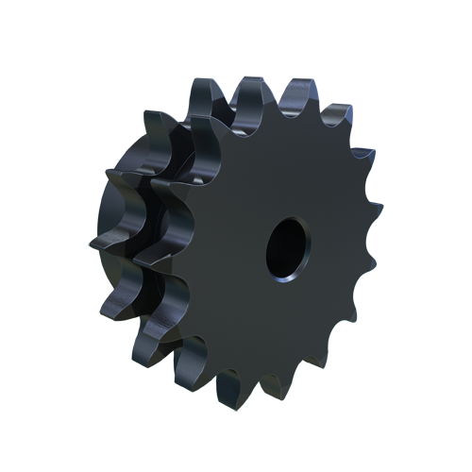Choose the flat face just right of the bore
(335, 250)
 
